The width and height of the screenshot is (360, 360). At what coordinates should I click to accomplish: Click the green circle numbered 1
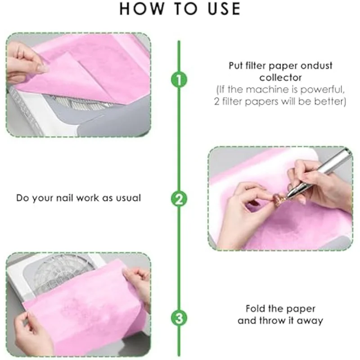click(179, 80)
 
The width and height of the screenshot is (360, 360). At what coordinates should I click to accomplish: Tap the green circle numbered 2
click(179, 198)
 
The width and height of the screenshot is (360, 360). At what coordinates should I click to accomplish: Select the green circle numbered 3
click(179, 318)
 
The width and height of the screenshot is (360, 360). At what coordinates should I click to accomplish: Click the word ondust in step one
click(315, 66)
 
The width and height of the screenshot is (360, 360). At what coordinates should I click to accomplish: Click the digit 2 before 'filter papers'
click(216, 102)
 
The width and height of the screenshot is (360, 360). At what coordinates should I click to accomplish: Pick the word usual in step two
click(128, 198)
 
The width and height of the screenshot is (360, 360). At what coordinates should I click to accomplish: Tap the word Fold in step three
click(256, 309)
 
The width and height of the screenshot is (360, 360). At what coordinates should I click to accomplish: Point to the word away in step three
click(310, 321)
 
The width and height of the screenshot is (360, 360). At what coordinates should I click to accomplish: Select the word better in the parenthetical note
click(330, 102)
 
